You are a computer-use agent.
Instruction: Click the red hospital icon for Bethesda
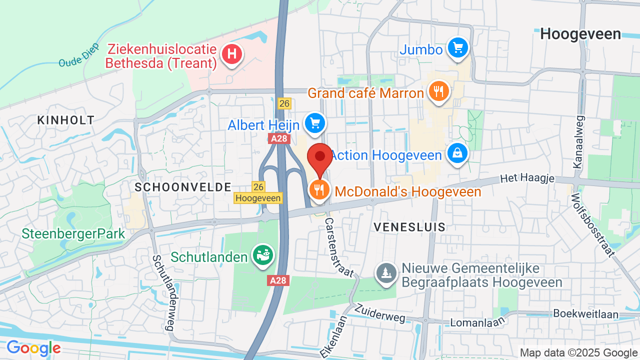coord(232,53)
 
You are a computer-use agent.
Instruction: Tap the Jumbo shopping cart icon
coord(457,48)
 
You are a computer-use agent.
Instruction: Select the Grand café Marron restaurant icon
coord(438,91)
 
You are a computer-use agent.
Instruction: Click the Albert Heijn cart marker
coord(314,122)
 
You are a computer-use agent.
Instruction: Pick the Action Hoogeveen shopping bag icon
coord(457,153)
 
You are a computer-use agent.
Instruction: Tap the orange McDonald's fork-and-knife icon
coord(318,189)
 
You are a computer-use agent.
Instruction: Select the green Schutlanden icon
coord(263,255)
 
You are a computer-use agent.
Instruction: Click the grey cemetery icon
coord(386,273)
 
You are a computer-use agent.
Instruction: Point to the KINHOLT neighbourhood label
coord(66,120)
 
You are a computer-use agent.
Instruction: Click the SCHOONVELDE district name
coord(183,187)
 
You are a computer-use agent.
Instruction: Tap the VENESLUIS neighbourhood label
coord(409,227)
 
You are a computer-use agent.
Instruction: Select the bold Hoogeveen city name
coord(580,34)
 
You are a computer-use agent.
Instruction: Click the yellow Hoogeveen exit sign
coord(258,198)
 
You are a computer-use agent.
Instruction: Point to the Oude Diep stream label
coord(79,58)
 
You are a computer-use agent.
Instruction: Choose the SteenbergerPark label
coord(73,234)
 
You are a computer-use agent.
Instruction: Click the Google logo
coord(33,348)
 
